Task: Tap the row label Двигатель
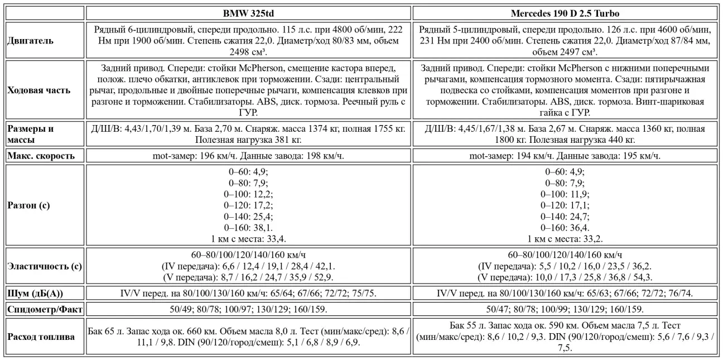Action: (x=31, y=41)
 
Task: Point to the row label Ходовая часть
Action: (x=39, y=90)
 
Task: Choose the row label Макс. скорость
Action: (x=41, y=156)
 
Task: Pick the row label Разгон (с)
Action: (x=28, y=205)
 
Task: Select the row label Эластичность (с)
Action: (x=45, y=266)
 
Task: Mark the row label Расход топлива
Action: (x=41, y=337)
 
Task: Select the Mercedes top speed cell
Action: (x=565, y=156)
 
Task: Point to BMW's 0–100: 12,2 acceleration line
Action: (x=248, y=194)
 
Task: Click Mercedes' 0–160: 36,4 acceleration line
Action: (x=565, y=227)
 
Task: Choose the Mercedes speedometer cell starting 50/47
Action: (x=565, y=309)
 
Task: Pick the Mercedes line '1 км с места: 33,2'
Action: (x=565, y=239)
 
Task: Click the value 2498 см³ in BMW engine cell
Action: (x=248, y=52)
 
